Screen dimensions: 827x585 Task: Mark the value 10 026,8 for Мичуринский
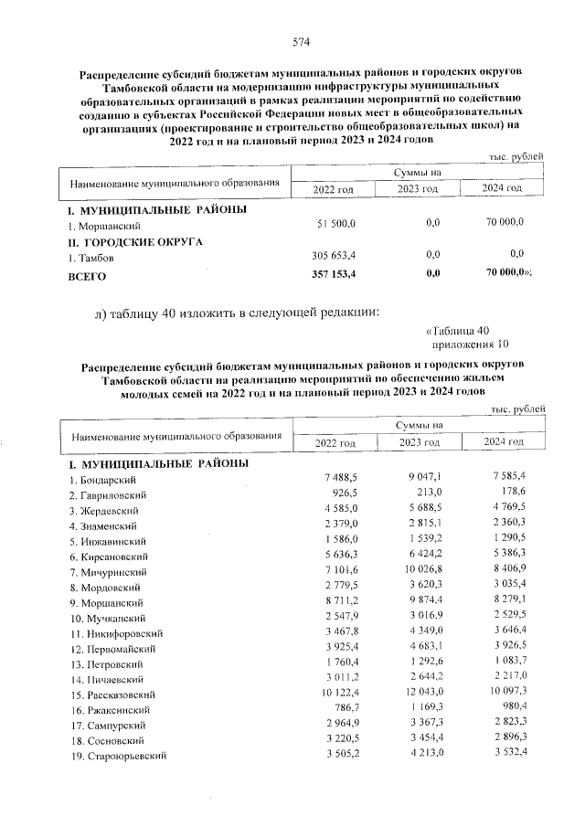tap(421, 572)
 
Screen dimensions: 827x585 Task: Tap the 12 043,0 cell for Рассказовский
tap(421, 695)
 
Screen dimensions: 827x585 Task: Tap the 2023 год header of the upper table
tap(418, 188)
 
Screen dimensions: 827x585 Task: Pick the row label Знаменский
tap(101, 525)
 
